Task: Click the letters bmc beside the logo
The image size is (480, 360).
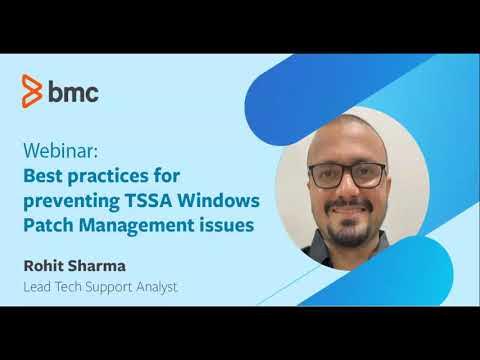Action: click(73, 91)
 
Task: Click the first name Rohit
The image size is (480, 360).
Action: click(45, 268)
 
